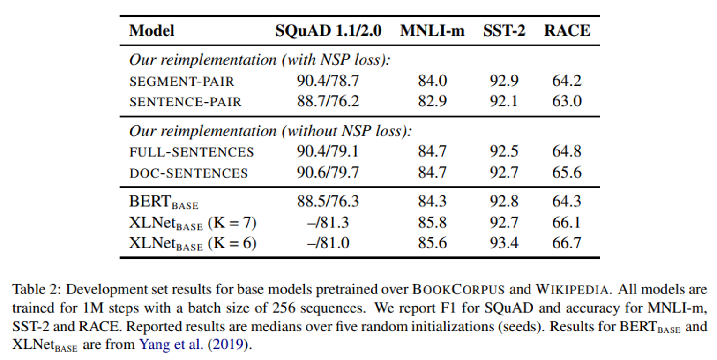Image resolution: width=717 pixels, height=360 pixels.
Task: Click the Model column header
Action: click(151, 31)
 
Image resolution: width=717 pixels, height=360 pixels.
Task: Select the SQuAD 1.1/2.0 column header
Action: click(328, 31)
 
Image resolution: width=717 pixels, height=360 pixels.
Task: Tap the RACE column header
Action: click(567, 31)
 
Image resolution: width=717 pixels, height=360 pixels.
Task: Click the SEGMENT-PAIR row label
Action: click(181, 82)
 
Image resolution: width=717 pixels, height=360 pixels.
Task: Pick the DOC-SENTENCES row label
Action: click(188, 173)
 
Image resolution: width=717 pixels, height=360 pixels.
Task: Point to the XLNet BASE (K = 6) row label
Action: click(193, 243)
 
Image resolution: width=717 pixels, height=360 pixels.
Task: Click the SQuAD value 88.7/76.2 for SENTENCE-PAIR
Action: click(328, 101)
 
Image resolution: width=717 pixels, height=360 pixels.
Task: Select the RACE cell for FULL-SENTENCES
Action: click(567, 151)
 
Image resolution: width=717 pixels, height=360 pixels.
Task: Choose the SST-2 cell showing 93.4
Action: click(504, 243)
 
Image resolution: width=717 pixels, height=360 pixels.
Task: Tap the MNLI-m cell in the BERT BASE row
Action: click(432, 201)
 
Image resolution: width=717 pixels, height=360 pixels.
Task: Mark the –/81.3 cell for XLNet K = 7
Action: click(328, 222)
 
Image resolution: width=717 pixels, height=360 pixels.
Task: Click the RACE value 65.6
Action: click(567, 172)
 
